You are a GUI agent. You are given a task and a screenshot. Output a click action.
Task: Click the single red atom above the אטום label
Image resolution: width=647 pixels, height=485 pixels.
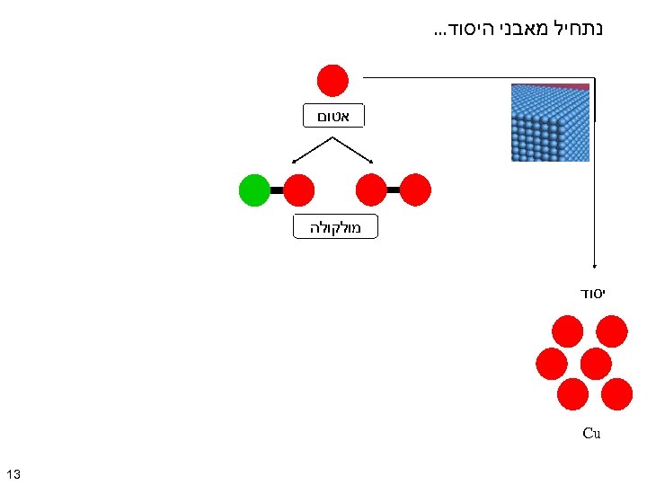(x=332, y=80)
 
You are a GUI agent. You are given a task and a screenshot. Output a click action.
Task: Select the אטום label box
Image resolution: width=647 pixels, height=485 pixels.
(x=333, y=116)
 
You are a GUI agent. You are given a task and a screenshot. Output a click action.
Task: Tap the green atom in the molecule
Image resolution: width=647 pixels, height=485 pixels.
(x=254, y=190)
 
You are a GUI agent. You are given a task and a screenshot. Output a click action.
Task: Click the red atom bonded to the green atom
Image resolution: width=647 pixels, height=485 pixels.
(x=299, y=190)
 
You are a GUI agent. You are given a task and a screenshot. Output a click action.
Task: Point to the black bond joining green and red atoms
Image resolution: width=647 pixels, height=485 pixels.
(x=277, y=190)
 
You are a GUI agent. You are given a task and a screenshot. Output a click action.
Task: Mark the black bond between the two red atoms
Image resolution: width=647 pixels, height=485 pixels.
(x=393, y=190)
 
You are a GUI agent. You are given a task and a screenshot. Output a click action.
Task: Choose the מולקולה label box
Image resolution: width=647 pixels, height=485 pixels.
(x=335, y=227)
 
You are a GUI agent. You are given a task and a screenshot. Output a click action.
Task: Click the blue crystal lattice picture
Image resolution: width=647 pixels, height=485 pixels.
(x=550, y=122)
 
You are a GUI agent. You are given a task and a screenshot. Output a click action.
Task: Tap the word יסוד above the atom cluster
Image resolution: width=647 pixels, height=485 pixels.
(x=590, y=294)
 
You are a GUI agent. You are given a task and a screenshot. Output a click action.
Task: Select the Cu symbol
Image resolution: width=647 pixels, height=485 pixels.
(x=590, y=433)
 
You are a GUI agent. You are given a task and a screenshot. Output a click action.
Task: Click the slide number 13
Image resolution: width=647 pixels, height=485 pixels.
(x=13, y=473)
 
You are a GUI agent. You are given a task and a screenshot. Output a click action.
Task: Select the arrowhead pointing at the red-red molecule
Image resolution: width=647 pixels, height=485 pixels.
(x=374, y=162)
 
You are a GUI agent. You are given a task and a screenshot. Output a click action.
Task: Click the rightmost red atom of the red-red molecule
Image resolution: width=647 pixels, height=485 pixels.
(x=415, y=190)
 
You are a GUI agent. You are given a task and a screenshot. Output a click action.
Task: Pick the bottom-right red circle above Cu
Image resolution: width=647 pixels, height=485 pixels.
(x=616, y=392)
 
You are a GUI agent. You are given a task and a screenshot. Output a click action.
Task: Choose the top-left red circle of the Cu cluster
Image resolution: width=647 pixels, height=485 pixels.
(x=567, y=331)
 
